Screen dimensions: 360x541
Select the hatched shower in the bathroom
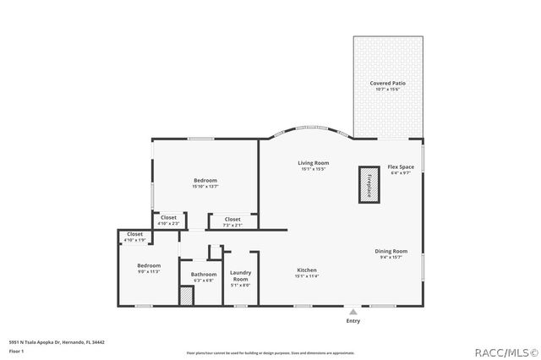[186, 296]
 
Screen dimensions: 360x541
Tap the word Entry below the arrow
[352, 320]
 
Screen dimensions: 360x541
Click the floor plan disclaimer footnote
[270, 352]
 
